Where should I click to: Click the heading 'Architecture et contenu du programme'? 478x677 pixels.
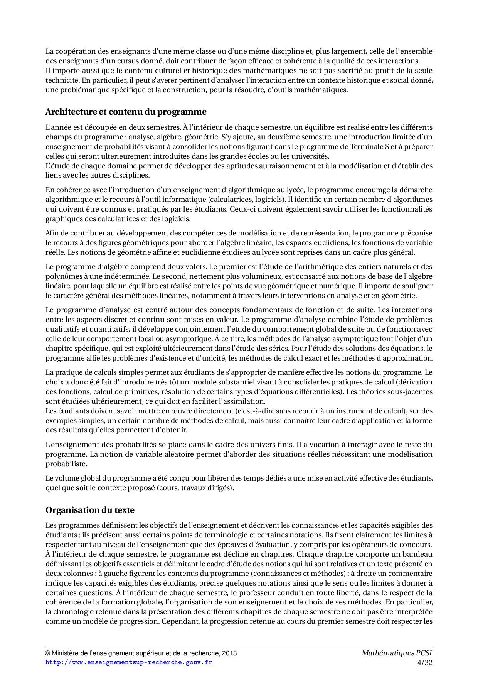click(x=126, y=112)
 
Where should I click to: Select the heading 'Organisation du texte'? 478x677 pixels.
click(x=90, y=510)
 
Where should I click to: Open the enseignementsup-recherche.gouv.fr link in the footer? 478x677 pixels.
click(x=129, y=662)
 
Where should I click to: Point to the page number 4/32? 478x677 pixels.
click(x=425, y=662)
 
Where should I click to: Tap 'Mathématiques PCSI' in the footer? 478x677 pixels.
click(x=397, y=653)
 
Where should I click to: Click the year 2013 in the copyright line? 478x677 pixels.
click(x=229, y=653)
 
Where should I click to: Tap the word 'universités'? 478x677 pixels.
click(x=311, y=156)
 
